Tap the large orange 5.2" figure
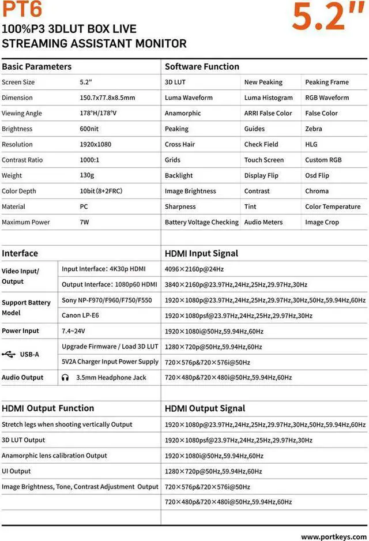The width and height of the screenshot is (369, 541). (x=326, y=17)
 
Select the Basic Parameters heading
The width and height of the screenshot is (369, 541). (x=37, y=66)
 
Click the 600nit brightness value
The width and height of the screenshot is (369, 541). (x=89, y=129)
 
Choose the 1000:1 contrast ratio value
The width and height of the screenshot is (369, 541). (x=90, y=160)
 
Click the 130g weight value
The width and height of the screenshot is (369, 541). (x=87, y=175)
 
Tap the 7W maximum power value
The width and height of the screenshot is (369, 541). (x=84, y=222)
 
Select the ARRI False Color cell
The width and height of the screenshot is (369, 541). (x=268, y=113)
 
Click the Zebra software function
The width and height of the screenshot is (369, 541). (x=314, y=129)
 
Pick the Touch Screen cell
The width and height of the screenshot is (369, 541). (x=263, y=160)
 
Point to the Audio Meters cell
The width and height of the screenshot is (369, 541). (x=263, y=222)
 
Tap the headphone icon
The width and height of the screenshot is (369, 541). (x=66, y=378)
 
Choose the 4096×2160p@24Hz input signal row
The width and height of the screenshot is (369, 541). (x=194, y=269)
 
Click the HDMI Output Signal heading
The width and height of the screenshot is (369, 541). (x=205, y=408)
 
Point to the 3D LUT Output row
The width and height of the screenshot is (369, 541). (x=23, y=440)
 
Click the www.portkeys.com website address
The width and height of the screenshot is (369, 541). (x=333, y=536)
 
